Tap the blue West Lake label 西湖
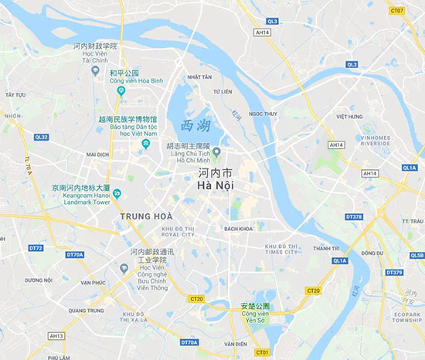click(195, 126)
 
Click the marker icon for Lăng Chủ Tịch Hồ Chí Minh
click(217, 151)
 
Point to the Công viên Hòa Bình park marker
click(121, 90)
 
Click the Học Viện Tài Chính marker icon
click(95, 70)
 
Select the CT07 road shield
click(397, 11)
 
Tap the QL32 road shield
click(41, 138)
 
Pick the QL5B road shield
click(416, 256)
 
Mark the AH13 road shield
click(55, 336)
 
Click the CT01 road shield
click(262, 352)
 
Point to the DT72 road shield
click(36, 248)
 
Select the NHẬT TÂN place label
click(199, 77)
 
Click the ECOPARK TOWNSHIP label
click(406, 318)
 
